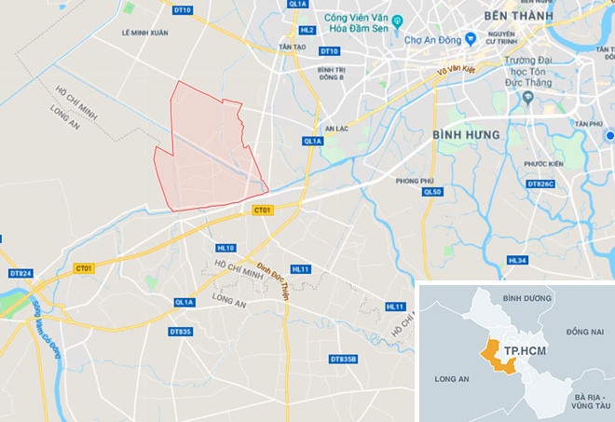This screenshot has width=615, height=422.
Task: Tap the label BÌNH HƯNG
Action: [x=467, y=135]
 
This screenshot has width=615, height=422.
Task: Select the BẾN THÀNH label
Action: [x=518, y=17]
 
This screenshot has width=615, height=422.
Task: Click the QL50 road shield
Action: [x=430, y=192]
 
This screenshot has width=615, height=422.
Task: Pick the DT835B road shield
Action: [x=343, y=359]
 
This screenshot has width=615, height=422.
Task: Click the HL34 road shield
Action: [x=517, y=260]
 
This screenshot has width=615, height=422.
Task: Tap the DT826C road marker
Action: [x=540, y=184]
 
